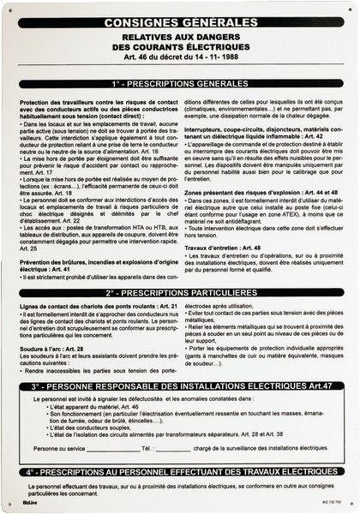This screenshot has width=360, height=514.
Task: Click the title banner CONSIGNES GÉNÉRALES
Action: (179, 23)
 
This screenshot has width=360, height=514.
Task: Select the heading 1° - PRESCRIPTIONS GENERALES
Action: (179, 87)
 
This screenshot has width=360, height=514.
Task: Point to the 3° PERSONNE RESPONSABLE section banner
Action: (179, 362)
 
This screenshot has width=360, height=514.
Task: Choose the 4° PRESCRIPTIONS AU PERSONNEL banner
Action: (179, 471)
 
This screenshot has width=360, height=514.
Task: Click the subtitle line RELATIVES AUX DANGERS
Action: (179, 38)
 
